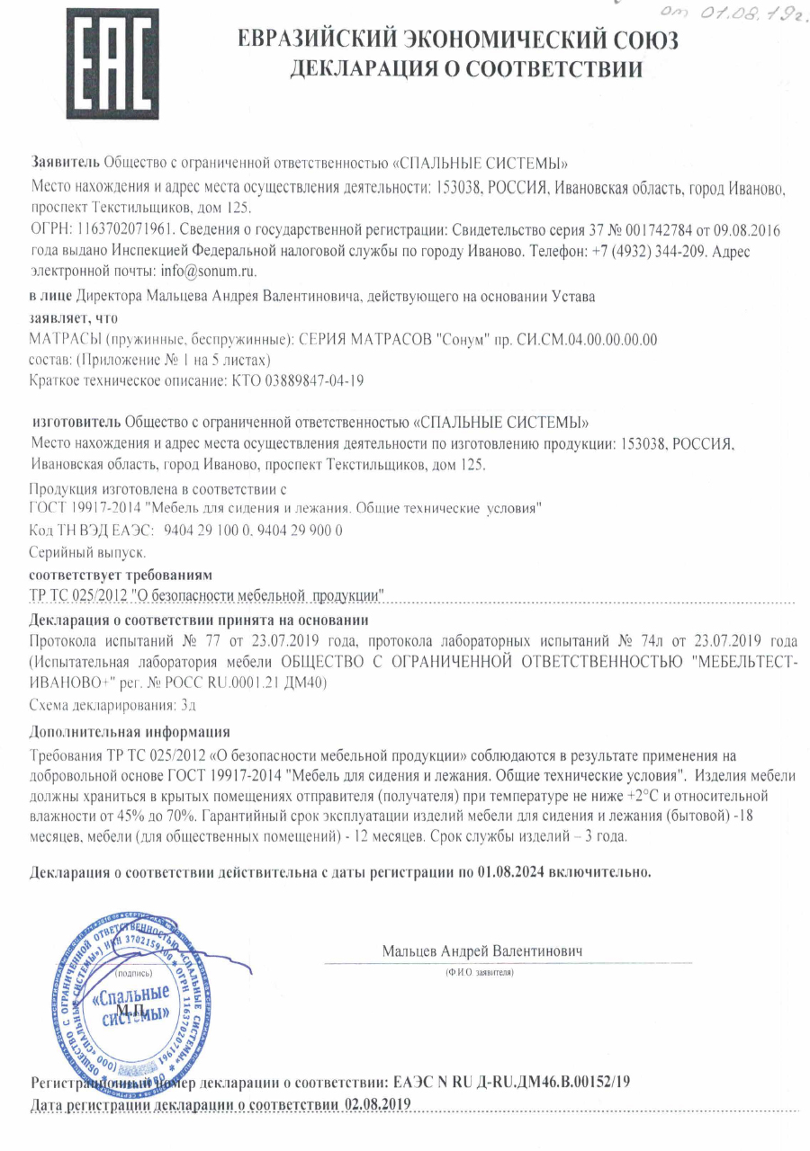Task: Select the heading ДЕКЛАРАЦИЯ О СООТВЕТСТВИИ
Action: [x=466, y=69]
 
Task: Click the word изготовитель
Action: [x=76, y=422]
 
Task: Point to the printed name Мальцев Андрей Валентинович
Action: [x=483, y=950]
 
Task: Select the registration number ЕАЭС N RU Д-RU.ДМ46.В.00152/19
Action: [x=508, y=1083]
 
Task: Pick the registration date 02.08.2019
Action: [x=379, y=1103]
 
